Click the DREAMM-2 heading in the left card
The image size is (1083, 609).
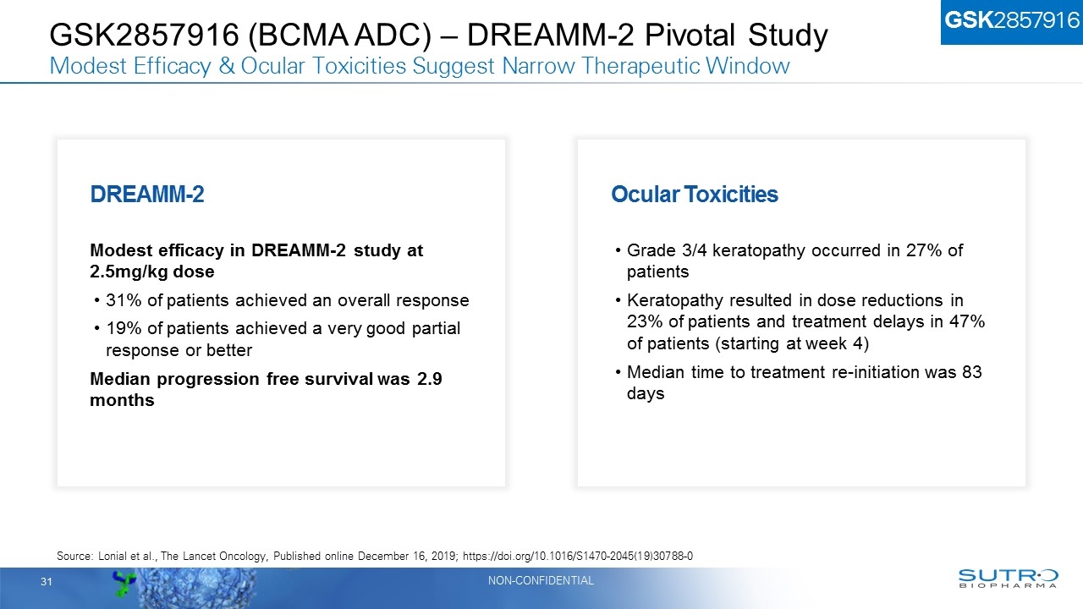(146, 195)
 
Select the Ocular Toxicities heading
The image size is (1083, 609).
(694, 195)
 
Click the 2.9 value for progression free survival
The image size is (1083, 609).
(430, 379)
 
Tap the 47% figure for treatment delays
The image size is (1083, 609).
(970, 322)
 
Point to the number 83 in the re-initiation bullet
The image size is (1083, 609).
(972, 372)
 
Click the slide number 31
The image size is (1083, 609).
(47, 582)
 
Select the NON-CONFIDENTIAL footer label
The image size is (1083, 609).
(541, 581)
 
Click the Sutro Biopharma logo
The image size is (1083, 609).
(1007, 579)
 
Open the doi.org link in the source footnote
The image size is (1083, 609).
(585, 556)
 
